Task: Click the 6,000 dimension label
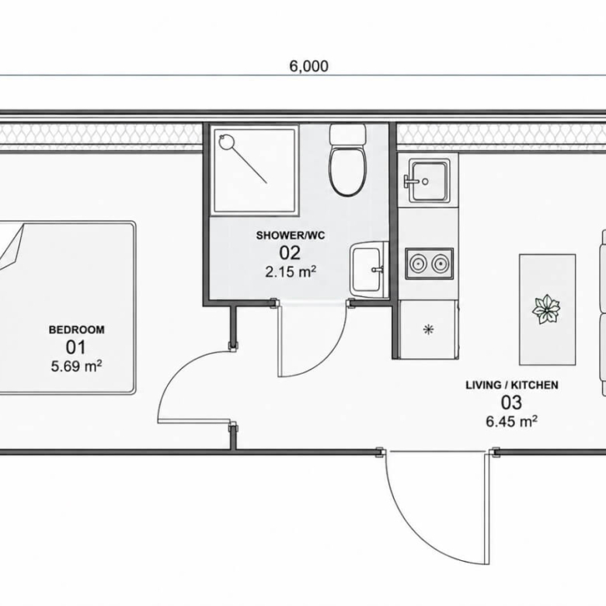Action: (308, 66)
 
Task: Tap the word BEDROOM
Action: (76, 329)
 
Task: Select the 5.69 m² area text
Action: (76, 366)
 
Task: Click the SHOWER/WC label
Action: (291, 235)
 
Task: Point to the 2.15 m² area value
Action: (291, 271)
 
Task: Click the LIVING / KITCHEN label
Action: (512, 385)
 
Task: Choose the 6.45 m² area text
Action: (512, 421)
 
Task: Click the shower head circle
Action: (226, 141)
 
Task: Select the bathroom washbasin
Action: (367, 269)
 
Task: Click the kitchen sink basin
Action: (429, 180)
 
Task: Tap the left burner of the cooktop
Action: (418, 264)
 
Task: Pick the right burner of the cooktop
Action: (440, 264)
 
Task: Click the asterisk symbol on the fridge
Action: (429, 329)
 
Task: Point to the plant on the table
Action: (545, 309)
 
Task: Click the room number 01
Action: (76, 347)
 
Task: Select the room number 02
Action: (290, 252)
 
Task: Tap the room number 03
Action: (511, 402)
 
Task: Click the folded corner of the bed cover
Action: (11, 246)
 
